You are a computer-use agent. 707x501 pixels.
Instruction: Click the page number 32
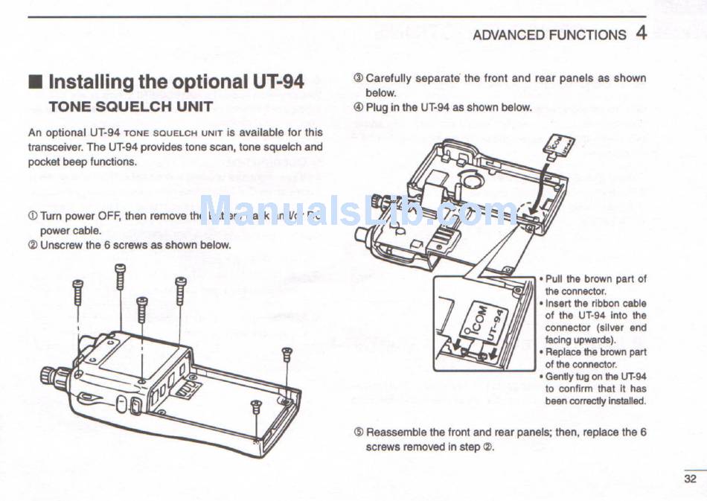coord(690,479)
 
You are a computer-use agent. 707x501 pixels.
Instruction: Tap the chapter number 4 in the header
coord(641,33)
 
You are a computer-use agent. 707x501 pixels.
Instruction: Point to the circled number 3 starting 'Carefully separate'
coord(358,78)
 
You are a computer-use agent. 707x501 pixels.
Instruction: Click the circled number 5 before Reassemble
coord(358,433)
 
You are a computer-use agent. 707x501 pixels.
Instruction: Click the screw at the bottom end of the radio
coord(256,406)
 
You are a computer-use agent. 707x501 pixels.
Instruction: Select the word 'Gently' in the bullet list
coord(562,377)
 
